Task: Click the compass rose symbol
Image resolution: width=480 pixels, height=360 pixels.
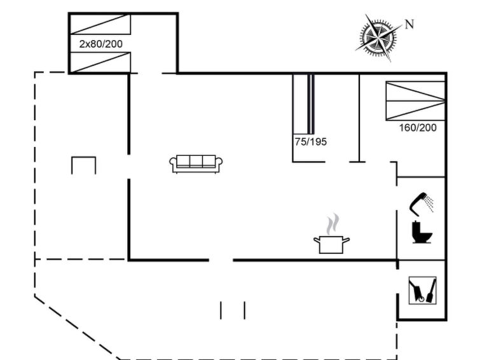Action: pos(379,38)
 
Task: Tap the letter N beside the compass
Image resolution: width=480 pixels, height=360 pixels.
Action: pos(409,24)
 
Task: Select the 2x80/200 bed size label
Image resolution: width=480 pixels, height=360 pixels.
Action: pos(100,44)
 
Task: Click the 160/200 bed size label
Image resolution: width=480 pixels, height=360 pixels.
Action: pos(418,127)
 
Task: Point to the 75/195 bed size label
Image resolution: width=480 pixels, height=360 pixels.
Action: pos(311,142)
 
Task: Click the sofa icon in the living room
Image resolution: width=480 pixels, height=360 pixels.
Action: pos(196,164)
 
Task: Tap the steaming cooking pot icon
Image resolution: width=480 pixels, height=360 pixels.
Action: pos(331,233)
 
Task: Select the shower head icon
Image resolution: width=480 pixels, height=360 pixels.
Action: pos(422,202)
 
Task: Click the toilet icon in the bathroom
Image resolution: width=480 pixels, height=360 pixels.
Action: pos(422,232)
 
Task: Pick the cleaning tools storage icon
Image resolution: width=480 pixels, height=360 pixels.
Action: pos(422,290)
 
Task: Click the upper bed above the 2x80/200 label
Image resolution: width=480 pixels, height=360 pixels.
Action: pos(100,24)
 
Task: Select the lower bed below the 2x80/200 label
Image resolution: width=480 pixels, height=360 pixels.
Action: pos(100,62)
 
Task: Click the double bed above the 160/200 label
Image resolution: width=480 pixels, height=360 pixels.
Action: pos(415,100)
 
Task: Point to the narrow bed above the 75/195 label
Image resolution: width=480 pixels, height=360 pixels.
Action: pos(303,104)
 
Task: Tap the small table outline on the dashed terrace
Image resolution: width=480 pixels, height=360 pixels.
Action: pos(83,165)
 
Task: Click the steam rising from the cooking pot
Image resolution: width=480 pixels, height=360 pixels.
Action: pos(333,224)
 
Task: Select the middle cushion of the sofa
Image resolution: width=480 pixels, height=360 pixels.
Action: pos(196,161)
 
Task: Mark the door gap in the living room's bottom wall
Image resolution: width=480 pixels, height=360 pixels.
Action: pos(221,260)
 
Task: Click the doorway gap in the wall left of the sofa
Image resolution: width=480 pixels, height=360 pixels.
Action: pos(129,167)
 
